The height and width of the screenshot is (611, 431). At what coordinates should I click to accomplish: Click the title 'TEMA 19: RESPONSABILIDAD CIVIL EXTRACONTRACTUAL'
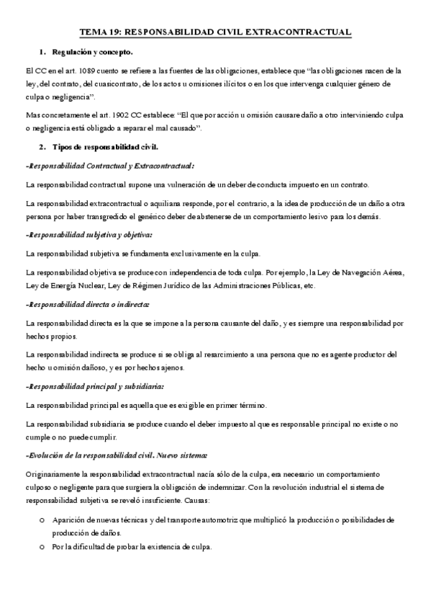point(215,32)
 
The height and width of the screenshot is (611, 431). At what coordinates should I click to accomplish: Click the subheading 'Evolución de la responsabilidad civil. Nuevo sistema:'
point(117,455)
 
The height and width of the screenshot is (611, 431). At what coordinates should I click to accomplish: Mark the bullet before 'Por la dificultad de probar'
point(43,548)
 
